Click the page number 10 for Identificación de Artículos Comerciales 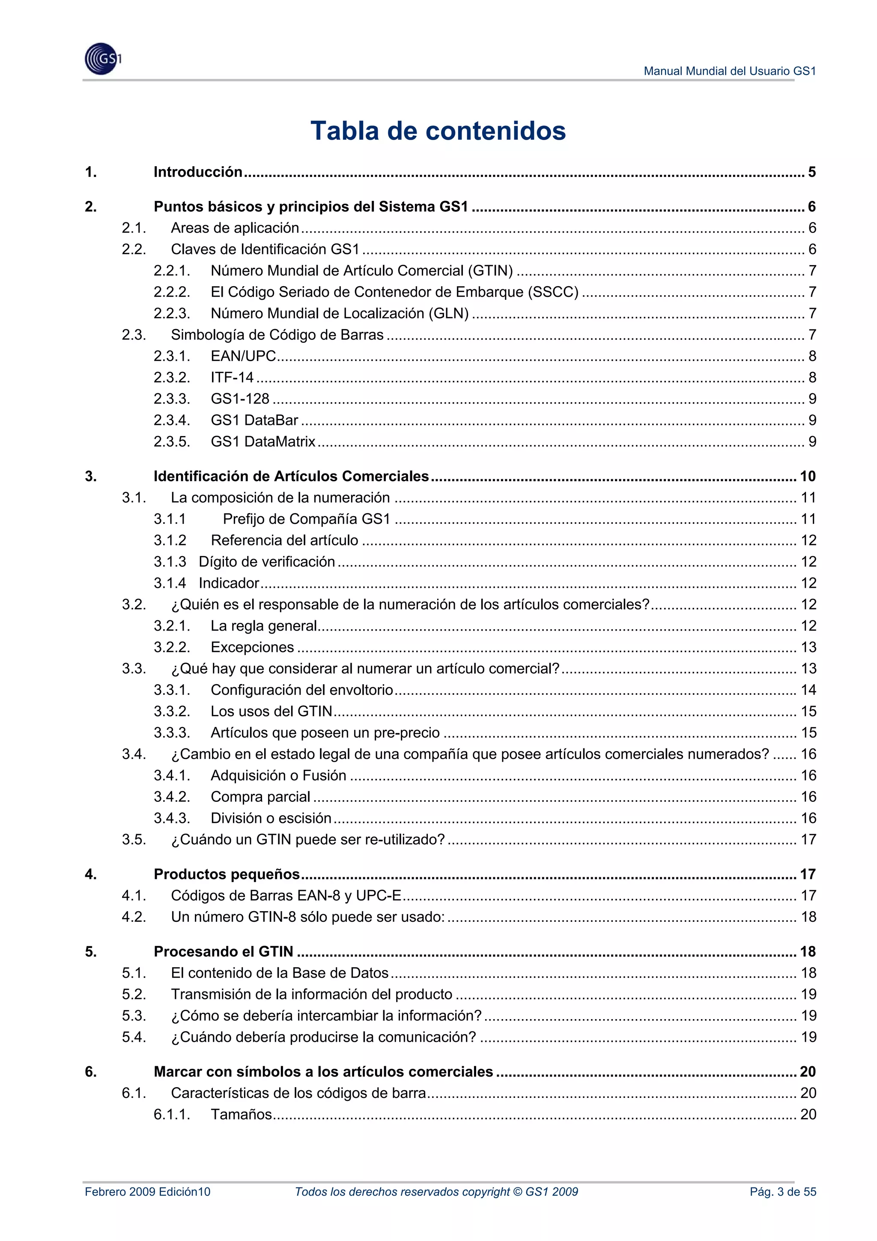point(807,476)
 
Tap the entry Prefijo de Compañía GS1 point(306,519)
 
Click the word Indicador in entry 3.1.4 point(229,583)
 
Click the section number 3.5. point(134,840)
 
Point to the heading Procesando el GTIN point(223,951)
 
